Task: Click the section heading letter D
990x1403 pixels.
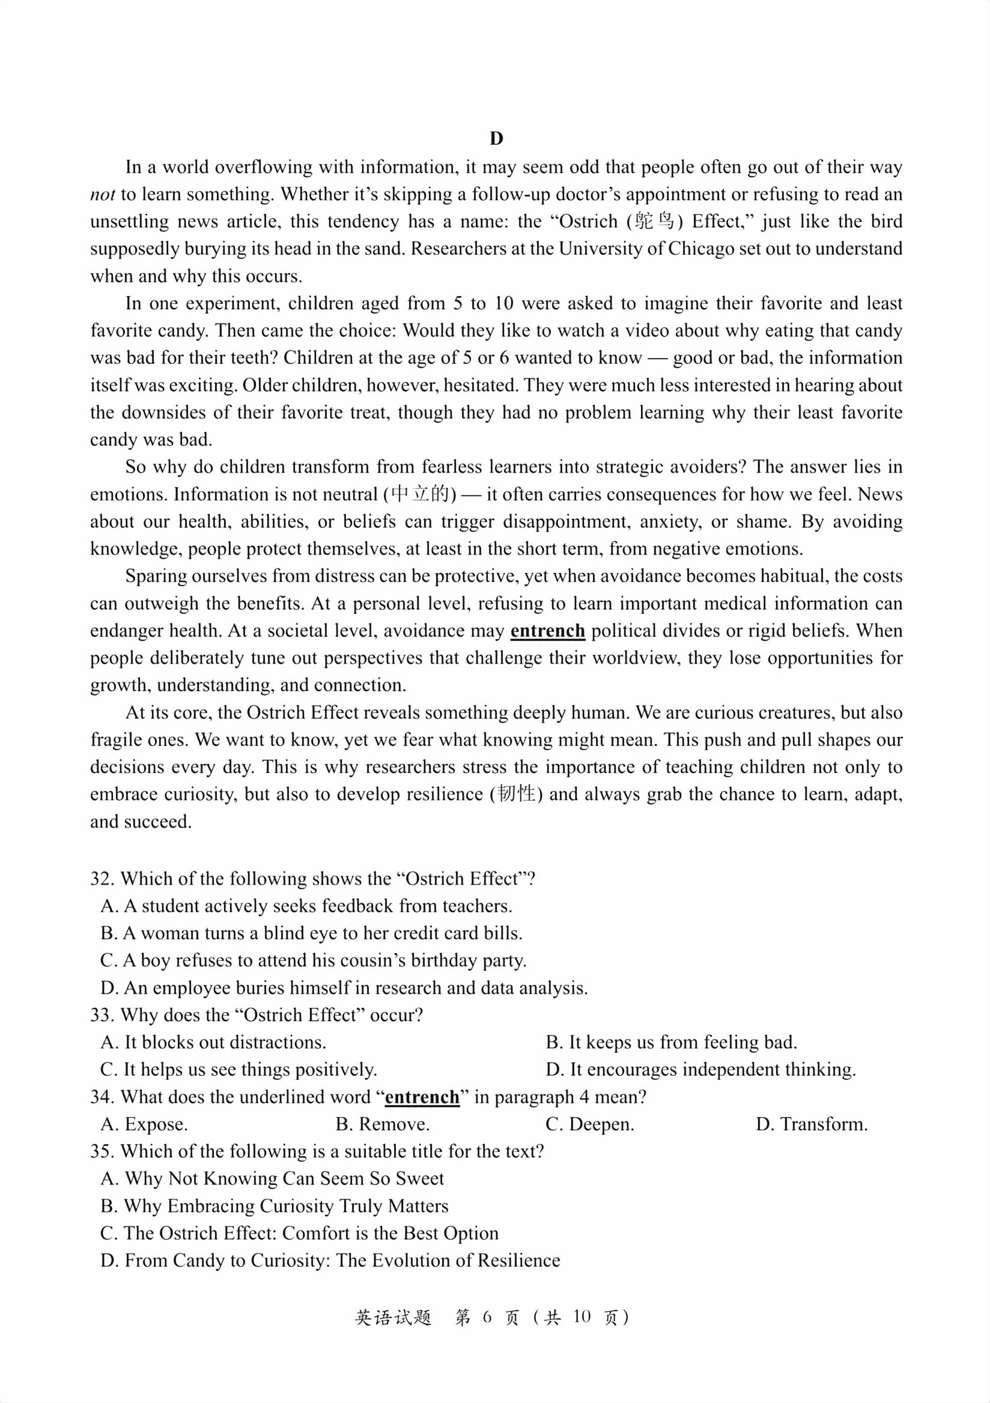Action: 496,139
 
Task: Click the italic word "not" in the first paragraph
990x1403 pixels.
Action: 103,195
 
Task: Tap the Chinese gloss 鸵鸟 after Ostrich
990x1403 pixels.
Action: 655,221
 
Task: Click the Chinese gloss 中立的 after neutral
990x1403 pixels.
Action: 420,494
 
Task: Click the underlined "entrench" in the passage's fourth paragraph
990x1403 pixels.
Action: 547,631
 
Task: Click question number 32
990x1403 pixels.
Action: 102,879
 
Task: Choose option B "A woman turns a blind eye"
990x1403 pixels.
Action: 312,933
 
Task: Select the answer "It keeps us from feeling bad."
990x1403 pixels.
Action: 672,1042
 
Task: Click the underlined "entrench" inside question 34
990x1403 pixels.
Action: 422,1097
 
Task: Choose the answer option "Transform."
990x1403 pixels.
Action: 812,1124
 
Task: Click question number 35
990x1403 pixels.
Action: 102,1151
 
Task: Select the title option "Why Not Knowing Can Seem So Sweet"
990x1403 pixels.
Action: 273,1179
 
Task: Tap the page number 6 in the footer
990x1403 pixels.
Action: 487,1317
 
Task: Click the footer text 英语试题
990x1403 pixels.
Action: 393,1317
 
